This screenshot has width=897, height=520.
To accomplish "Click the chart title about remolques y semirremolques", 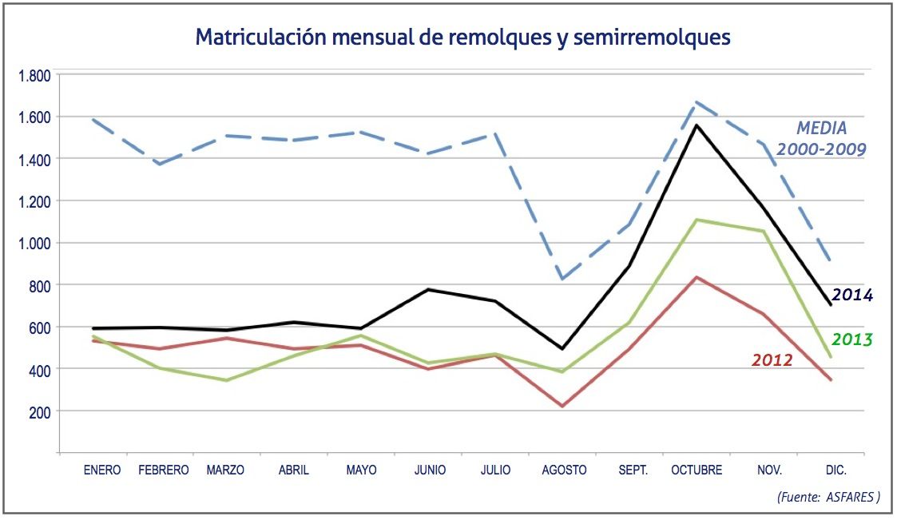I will click(462, 38).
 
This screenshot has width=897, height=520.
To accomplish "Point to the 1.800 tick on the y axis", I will click(35, 76).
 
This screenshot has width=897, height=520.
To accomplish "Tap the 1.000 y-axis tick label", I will click(35, 243).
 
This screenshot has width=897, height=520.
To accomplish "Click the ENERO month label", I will click(102, 470).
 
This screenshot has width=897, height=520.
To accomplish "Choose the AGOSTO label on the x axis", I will click(564, 470).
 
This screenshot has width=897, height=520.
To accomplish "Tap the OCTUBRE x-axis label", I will click(697, 470).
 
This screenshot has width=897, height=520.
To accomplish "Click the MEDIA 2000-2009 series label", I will click(822, 138).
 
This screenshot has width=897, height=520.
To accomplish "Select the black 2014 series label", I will click(851, 295).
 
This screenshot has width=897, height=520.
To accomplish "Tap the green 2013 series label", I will click(851, 339).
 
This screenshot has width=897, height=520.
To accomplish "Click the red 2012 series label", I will click(772, 360).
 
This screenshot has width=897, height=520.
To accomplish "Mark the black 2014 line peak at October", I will click(697, 125).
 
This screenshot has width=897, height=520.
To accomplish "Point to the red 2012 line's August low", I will click(563, 406).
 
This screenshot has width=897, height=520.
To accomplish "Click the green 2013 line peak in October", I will click(697, 220).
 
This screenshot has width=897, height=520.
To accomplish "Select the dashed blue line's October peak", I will click(697, 102).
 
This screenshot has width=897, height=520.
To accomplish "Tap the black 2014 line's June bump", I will click(429, 289).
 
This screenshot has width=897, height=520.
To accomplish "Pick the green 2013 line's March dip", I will click(226, 379).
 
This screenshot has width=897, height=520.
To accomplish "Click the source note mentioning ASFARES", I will click(828, 497).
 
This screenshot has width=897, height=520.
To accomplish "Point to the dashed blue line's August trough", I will click(563, 278).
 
